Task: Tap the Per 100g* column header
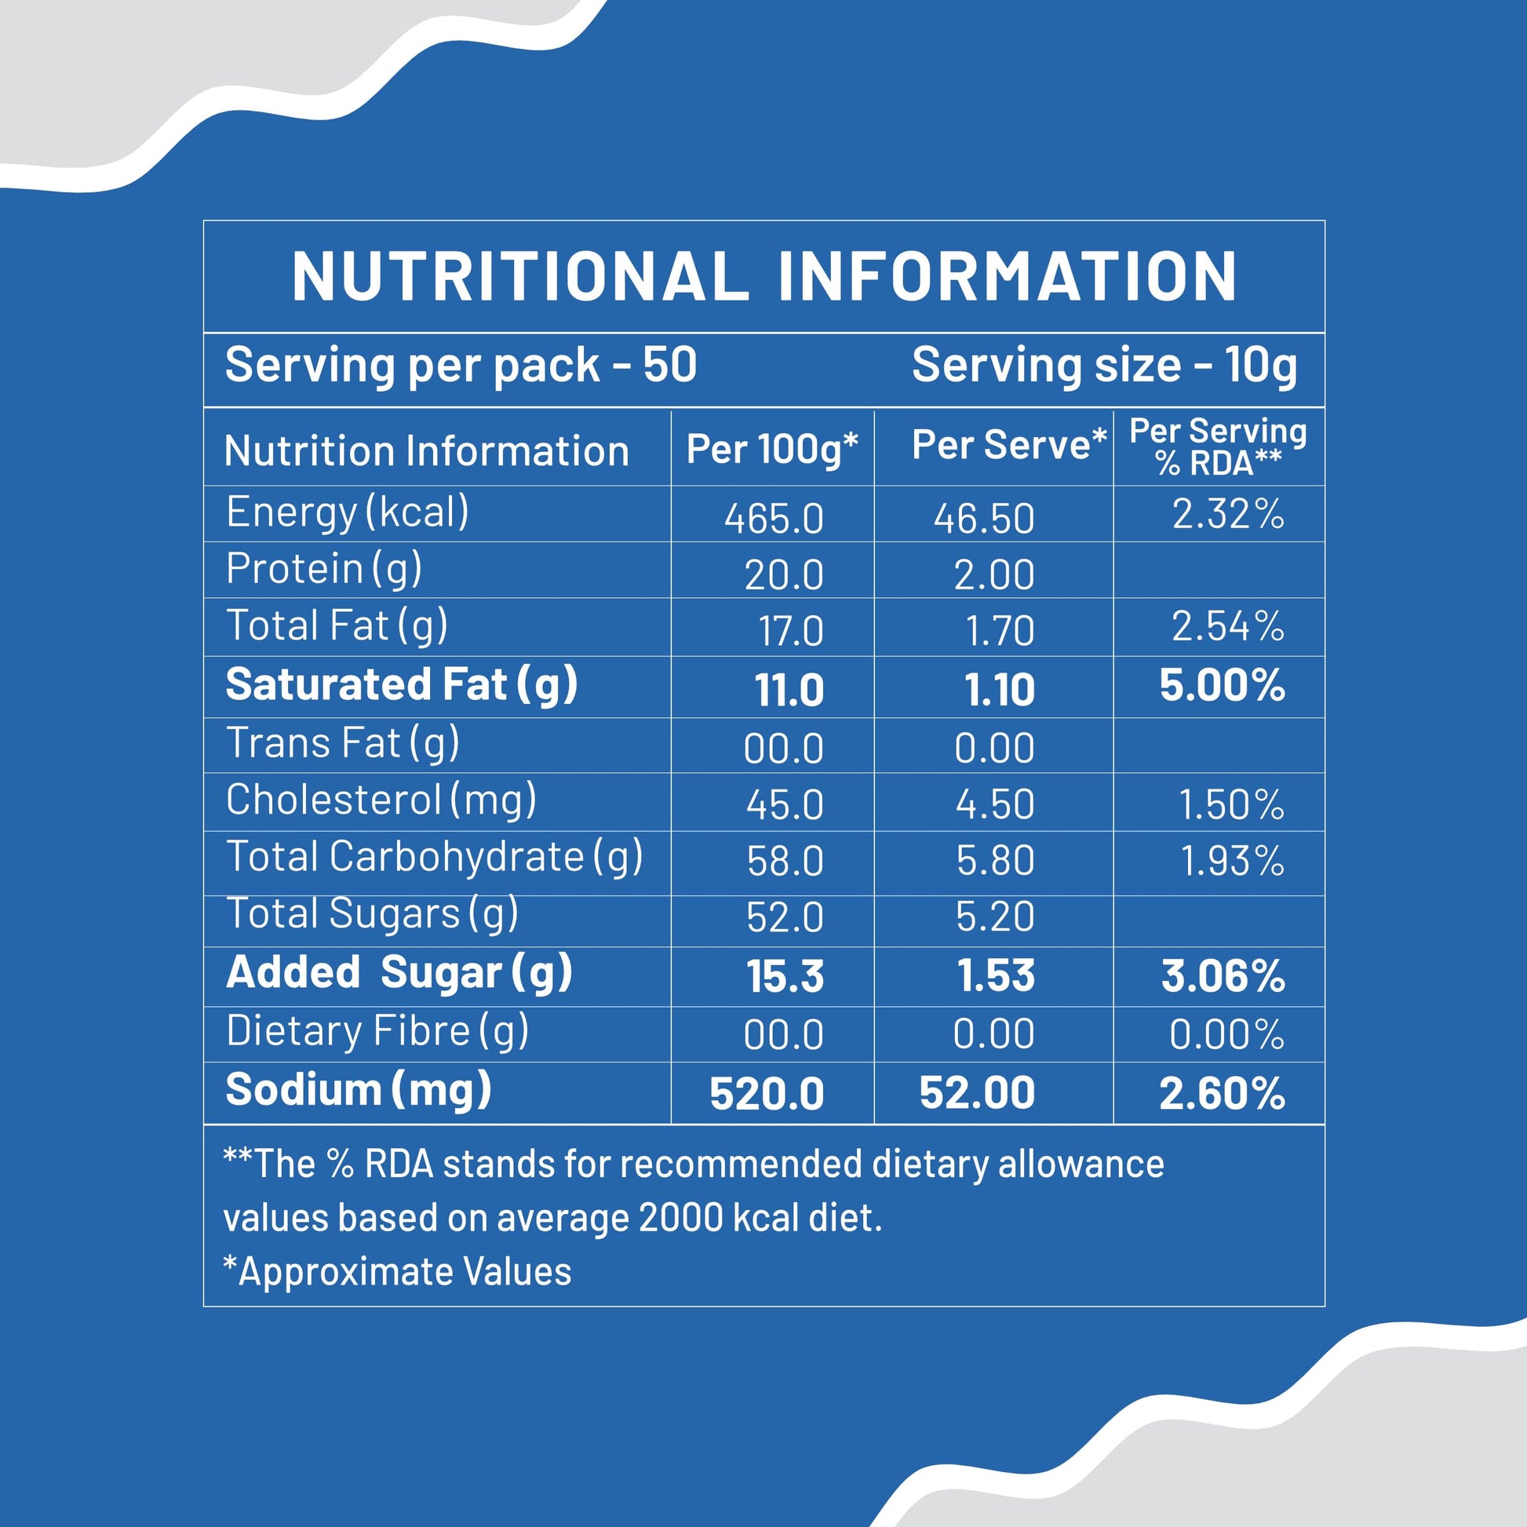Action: coord(771,449)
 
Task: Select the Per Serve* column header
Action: coord(1008,445)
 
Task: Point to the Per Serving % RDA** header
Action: coord(1218,447)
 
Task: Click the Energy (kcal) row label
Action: coord(347,512)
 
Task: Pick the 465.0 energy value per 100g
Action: coord(774,519)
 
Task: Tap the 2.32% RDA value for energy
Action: coord(1227,514)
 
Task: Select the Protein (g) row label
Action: coord(323,569)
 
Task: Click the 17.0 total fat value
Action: coord(790,631)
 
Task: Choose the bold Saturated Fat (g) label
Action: coord(402,684)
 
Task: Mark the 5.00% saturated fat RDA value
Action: coord(1222,685)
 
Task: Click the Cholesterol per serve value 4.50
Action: coord(994,804)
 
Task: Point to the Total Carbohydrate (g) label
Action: coord(434,857)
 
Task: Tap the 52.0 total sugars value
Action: coord(784,917)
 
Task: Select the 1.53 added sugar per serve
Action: coord(996,975)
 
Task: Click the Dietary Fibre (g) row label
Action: coord(377,1031)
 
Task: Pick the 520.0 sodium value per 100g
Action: coord(767,1094)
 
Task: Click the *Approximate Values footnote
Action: coord(397,1272)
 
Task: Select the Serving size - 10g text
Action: coord(1104,366)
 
